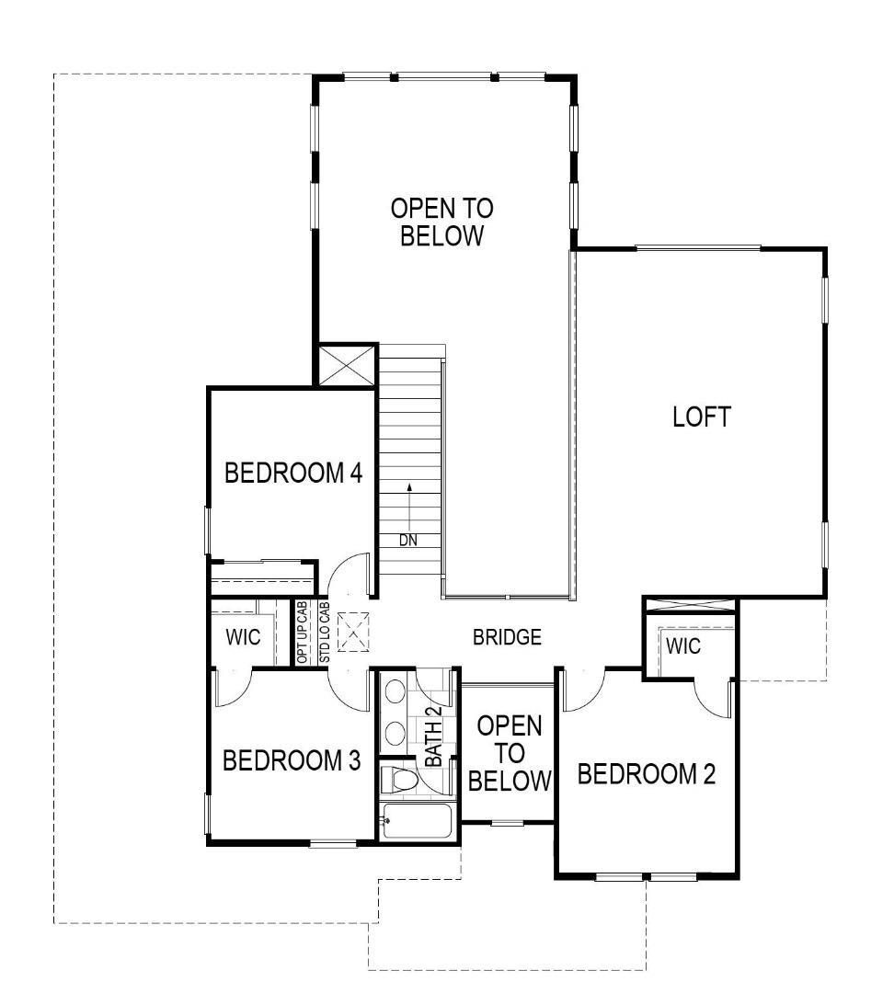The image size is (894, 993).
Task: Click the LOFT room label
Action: pyautogui.click(x=702, y=417)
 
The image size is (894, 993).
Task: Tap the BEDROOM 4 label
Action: pyautogui.click(x=293, y=474)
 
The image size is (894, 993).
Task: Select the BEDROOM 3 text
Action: pyautogui.click(x=292, y=761)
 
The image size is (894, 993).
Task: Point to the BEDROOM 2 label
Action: pyautogui.click(x=646, y=774)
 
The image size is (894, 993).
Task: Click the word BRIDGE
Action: pyautogui.click(x=507, y=637)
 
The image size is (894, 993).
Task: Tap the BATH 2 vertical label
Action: pyautogui.click(x=433, y=742)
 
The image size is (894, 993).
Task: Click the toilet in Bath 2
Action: pyautogui.click(x=399, y=780)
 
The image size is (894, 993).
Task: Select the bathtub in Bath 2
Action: pyautogui.click(x=417, y=822)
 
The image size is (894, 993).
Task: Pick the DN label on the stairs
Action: pyautogui.click(x=408, y=541)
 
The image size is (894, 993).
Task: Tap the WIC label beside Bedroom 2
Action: pyautogui.click(x=682, y=646)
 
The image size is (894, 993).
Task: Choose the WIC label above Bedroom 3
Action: pyautogui.click(x=243, y=637)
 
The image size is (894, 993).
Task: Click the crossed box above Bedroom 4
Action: pyautogui.click(x=346, y=366)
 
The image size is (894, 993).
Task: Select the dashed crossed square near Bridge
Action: pyautogui.click(x=354, y=632)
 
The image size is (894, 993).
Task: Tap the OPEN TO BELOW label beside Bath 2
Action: pyautogui.click(x=510, y=753)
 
